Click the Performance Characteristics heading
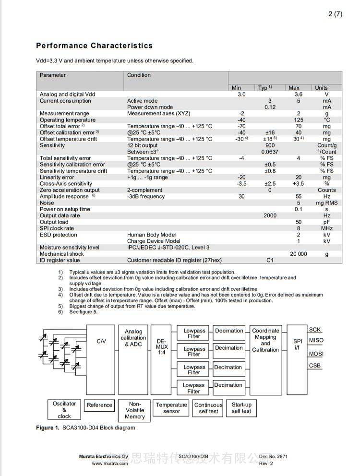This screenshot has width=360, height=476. click(94, 46)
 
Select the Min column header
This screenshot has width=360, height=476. click(236, 88)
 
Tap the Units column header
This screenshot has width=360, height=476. click(321, 88)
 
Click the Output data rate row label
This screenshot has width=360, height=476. click(60, 216)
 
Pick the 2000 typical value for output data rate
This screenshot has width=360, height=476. click(270, 216)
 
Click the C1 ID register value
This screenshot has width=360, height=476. click(270, 261)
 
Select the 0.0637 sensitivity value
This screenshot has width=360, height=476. click(270, 152)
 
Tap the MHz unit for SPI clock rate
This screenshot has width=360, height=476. click(326, 228)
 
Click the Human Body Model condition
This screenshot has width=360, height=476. click(151, 235)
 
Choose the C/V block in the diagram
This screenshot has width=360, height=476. click(101, 341)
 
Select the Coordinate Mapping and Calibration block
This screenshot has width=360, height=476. click(265, 340)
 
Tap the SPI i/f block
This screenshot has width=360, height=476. click(298, 344)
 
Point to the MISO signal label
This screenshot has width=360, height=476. click(316, 341)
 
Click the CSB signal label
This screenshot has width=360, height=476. click(315, 366)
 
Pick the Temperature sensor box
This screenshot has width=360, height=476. click(171, 408)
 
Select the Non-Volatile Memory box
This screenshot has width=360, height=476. click(134, 411)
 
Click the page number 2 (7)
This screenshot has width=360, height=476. click(335, 14)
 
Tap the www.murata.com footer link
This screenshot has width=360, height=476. click(110, 464)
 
